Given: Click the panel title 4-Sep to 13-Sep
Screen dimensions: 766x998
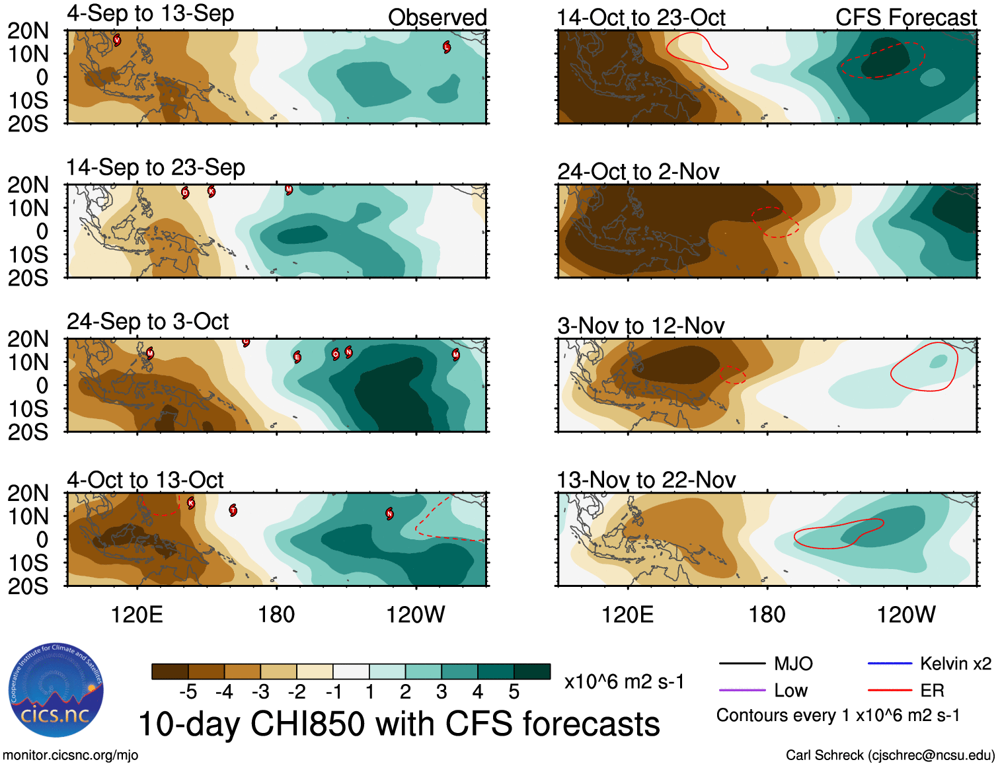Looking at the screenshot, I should coord(150,14).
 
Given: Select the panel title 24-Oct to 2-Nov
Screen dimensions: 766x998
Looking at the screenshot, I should coord(638,172).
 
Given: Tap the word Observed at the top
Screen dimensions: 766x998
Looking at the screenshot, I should coord(437,18).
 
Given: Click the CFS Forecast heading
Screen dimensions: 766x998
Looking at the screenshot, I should coord(905,18).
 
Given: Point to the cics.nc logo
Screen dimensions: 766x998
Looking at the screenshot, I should coord(56,691).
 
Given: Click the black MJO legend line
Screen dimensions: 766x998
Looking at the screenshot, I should coord(742,664).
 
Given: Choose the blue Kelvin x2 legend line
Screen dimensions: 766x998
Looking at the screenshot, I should coord(890,664).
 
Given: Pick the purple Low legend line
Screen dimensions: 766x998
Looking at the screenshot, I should coord(742,691).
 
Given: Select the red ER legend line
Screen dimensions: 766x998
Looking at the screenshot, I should coord(890,691).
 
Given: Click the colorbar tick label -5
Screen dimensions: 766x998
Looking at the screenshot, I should coord(188,692).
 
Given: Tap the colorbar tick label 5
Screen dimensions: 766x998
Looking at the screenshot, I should coord(514,692).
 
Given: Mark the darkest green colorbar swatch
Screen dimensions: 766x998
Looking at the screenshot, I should coord(532,671).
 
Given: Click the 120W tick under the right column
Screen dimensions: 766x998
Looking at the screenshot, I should coord(905,615).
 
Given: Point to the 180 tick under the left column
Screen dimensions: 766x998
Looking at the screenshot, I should coord(276,615).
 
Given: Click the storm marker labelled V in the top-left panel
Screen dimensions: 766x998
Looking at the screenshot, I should coord(117,40).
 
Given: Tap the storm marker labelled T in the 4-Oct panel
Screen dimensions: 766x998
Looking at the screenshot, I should coord(233,510).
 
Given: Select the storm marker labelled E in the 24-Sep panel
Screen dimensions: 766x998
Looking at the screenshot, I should coord(297,358).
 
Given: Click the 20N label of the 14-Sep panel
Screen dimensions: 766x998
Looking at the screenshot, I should coord(28,185).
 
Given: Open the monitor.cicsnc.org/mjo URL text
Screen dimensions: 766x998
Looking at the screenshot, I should coord(70,755).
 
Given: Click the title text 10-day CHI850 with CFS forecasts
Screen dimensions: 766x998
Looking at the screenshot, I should coord(399,724).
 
